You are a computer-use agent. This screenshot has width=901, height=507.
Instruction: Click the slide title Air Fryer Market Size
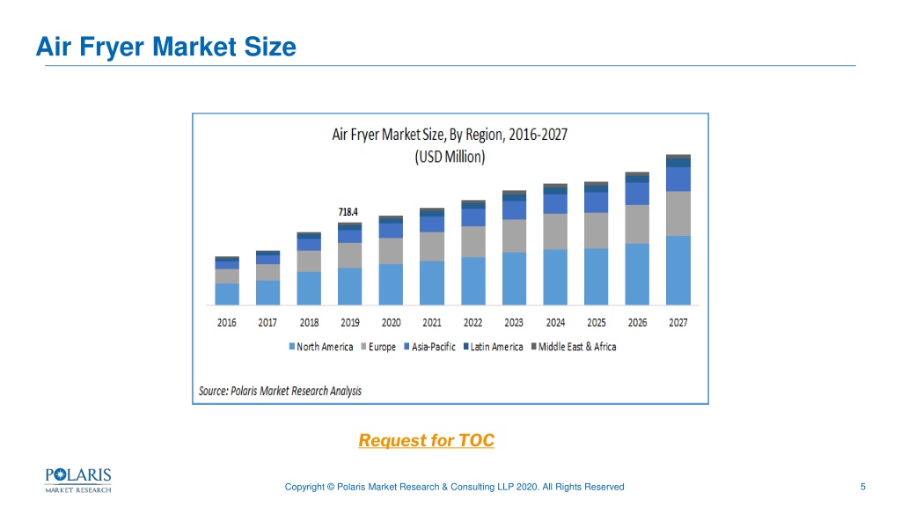[x=166, y=47]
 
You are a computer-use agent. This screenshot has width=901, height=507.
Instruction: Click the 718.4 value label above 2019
[x=348, y=212]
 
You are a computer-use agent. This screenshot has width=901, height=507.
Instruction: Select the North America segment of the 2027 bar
[x=678, y=270]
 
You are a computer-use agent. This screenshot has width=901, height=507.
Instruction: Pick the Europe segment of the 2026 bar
[x=637, y=224]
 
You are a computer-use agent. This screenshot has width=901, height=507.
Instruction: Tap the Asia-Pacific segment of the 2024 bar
[x=555, y=204]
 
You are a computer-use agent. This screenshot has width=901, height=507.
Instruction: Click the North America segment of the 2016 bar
[x=227, y=294]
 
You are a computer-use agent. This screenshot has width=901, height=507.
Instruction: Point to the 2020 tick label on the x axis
[x=392, y=322]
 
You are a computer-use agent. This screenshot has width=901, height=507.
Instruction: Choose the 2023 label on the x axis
[x=514, y=322]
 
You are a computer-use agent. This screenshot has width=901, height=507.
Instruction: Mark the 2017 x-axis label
[x=267, y=322]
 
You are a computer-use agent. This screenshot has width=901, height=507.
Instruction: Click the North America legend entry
[x=320, y=347]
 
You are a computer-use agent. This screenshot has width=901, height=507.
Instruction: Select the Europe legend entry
[x=378, y=347]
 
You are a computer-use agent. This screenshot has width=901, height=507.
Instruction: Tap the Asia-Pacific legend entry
[x=429, y=347]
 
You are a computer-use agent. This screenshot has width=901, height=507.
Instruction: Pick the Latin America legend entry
[x=493, y=347]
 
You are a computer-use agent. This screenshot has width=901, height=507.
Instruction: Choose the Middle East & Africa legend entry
[x=574, y=347]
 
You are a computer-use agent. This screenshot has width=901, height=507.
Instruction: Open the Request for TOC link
[x=427, y=440]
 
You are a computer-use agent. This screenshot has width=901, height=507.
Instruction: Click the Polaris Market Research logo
[x=78, y=481]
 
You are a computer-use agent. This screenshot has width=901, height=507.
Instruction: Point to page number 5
[x=862, y=487]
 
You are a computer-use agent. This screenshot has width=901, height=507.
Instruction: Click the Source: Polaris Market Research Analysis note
[x=280, y=391]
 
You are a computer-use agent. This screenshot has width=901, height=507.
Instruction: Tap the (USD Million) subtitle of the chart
[x=450, y=157]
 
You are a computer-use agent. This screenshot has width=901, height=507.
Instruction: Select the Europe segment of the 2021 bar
[x=431, y=246]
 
